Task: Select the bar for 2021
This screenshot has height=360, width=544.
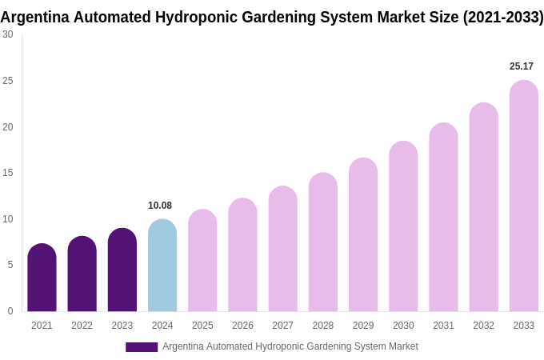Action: coord(42,278)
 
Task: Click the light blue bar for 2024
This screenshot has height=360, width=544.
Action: coord(162,266)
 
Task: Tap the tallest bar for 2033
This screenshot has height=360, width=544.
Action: coord(524,196)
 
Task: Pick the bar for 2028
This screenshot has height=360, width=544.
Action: coord(323,242)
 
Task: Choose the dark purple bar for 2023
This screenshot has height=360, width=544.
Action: coord(122,270)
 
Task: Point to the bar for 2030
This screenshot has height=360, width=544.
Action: coord(403,226)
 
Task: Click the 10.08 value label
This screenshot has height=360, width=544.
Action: coord(160,206)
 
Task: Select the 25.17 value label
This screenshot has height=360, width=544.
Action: coord(522,66)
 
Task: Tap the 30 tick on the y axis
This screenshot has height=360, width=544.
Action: coord(8,34)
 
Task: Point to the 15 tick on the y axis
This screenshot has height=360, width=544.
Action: coord(8,173)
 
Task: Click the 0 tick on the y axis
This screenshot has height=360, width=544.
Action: coord(10,311)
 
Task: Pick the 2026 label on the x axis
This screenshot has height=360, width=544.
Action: coord(242,326)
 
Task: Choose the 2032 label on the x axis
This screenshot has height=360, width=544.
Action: coord(483,326)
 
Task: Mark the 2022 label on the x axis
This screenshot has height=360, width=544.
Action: coord(82,326)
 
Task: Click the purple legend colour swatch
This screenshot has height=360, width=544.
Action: coord(142,347)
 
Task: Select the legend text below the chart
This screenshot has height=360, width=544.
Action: coord(290,346)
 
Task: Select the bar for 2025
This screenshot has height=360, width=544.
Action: coord(202,261)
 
